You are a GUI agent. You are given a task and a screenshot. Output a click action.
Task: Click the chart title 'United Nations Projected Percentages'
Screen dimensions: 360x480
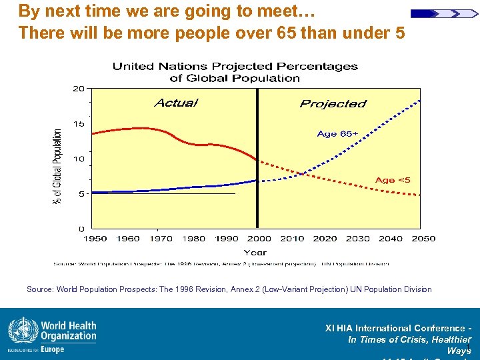pyautogui.click(x=235, y=67)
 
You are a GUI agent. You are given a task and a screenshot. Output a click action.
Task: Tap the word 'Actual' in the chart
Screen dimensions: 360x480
pyautogui.click(x=176, y=103)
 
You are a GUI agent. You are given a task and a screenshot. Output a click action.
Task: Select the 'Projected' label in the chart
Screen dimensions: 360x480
pyautogui.click(x=333, y=103)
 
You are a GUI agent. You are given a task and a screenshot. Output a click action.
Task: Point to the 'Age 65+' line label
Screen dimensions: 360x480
pyautogui.click(x=337, y=134)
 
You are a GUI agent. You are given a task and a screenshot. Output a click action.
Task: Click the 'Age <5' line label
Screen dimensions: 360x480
pyautogui.click(x=393, y=180)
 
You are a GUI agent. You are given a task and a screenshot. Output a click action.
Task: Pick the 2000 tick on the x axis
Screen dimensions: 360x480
pyautogui.click(x=259, y=239)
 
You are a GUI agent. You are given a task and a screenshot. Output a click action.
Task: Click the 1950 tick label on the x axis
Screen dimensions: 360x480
pyautogui.click(x=95, y=239)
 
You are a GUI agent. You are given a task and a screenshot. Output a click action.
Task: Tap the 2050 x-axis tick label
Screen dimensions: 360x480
pyautogui.click(x=423, y=239)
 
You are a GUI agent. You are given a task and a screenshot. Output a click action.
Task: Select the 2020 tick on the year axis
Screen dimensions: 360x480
pyautogui.click(x=325, y=239)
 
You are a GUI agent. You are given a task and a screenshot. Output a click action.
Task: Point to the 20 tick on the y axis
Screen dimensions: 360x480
pyautogui.click(x=79, y=89)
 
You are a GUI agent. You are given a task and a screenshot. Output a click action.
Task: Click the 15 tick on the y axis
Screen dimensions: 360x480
pyautogui.click(x=79, y=124)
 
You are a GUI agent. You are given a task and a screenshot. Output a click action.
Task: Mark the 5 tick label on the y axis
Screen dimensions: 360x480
pyautogui.click(x=81, y=194)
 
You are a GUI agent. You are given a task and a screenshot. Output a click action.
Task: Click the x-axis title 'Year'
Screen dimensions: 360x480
pyautogui.click(x=255, y=252)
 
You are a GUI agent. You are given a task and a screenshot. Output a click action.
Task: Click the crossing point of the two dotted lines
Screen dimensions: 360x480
pyautogui.click(x=303, y=174)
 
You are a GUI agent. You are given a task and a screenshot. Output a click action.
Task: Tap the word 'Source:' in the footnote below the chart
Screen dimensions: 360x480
pyautogui.click(x=40, y=289)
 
